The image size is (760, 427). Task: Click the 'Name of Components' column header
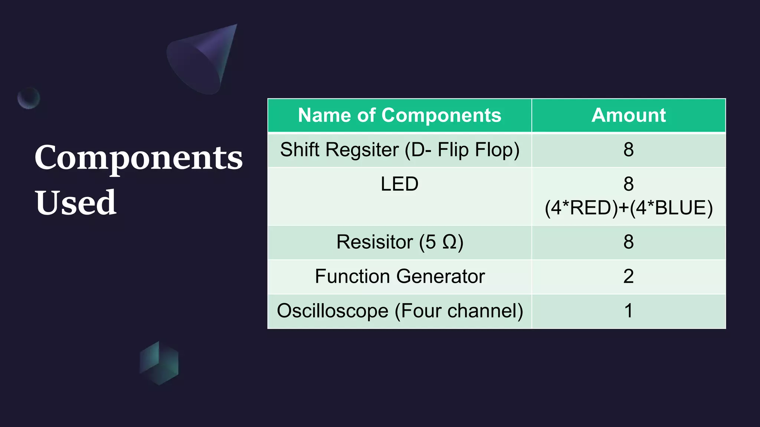click(x=399, y=115)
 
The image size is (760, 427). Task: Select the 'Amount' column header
click(x=628, y=115)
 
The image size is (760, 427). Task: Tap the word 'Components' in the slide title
click(x=138, y=158)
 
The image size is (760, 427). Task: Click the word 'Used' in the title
click(x=76, y=203)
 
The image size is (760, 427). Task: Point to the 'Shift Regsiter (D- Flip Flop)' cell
click(x=399, y=150)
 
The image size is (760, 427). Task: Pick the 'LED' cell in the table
click(x=399, y=184)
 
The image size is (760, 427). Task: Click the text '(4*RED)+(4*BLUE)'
click(x=628, y=208)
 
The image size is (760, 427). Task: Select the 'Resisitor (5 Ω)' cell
click(x=399, y=242)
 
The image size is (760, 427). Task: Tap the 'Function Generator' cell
click(x=399, y=277)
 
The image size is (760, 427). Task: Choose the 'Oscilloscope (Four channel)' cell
click(x=399, y=311)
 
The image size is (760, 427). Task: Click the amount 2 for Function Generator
click(x=628, y=277)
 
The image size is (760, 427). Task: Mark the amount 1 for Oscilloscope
click(x=628, y=311)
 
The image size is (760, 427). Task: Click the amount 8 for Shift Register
click(x=628, y=150)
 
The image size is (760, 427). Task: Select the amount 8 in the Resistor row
click(x=628, y=242)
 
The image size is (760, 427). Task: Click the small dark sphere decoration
click(x=29, y=98)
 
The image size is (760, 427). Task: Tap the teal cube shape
click(x=159, y=363)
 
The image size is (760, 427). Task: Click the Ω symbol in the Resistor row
click(x=449, y=242)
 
